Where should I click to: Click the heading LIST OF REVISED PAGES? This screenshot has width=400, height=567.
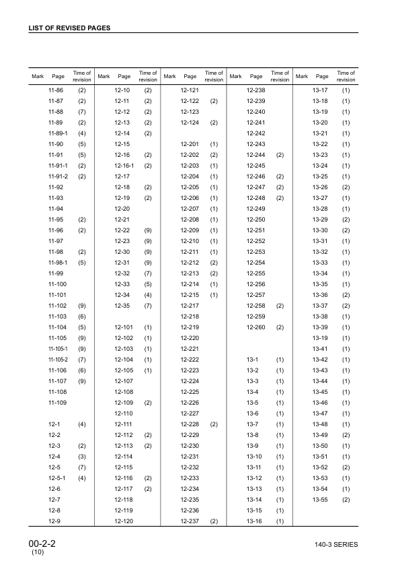(69, 28)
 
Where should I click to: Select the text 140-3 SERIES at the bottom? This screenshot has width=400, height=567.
(335, 543)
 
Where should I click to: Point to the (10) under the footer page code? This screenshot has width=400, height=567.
(38, 552)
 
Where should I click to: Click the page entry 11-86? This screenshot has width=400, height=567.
(56, 90)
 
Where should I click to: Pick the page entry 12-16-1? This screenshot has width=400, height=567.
(124, 165)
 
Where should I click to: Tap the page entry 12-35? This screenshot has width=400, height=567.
(122, 306)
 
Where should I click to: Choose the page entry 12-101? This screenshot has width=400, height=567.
(124, 327)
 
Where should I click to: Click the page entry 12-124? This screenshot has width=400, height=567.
(190, 122)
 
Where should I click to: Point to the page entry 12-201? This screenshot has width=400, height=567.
(190, 143)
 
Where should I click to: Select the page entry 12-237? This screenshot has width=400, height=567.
(190, 521)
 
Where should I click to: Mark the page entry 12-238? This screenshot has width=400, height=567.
(256, 90)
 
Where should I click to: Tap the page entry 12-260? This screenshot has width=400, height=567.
(256, 327)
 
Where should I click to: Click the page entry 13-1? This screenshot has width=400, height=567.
(253, 360)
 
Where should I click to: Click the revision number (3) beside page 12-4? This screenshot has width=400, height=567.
(82, 457)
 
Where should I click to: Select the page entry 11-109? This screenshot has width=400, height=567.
(56, 403)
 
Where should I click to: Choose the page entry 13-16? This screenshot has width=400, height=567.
(254, 521)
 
